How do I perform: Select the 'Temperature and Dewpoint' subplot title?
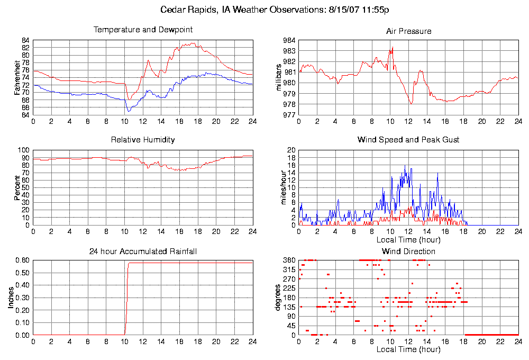point(143,30)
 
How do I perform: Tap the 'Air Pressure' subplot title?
point(408,31)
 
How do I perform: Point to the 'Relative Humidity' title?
point(143,140)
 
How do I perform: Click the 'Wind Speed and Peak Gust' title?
point(408,140)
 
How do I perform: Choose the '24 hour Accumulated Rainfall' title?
point(143,251)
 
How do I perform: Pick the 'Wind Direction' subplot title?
point(408,251)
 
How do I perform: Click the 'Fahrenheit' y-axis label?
point(17,77)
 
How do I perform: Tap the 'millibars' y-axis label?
point(279,77)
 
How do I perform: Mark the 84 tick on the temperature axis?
point(25,40)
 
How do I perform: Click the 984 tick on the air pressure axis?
point(289,40)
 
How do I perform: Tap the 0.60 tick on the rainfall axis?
point(21,260)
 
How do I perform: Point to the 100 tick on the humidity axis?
point(23,150)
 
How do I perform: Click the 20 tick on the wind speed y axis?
point(291,150)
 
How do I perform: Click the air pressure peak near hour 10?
point(392,47)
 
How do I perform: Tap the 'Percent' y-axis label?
point(17,187)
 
